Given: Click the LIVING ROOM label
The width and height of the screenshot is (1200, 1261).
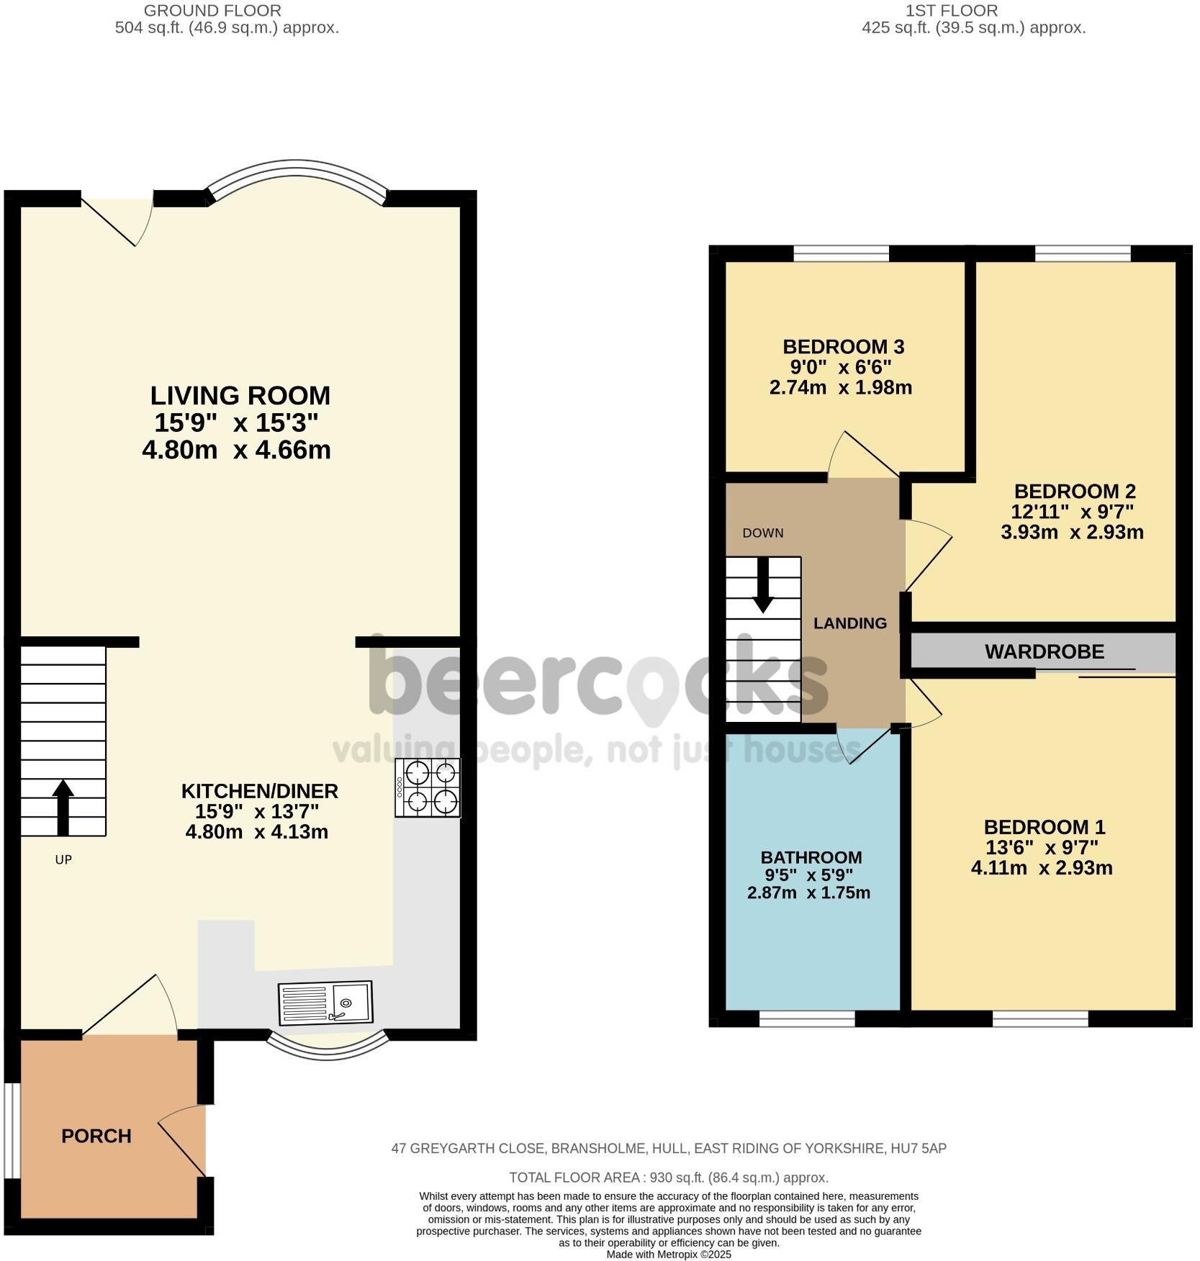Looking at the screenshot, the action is [x=240, y=395].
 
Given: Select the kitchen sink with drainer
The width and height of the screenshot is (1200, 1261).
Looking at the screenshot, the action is [x=325, y=1002].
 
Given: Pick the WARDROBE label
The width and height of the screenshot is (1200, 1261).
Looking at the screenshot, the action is [x=1045, y=652].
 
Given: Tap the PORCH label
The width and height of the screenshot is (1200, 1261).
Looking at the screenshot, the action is [x=96, y=1136].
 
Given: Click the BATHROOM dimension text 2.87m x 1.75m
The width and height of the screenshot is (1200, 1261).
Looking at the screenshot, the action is [x=808, y=893].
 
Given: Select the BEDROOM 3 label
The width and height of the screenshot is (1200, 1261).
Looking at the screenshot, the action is [x=844, y=347].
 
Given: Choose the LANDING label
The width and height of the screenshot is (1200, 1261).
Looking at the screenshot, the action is [x=850, y=623].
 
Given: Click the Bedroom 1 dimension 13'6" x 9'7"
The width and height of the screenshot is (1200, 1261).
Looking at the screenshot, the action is [x=1041, y=847].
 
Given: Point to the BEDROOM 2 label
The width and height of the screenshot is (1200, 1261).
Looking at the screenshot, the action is [x=1075, y=492].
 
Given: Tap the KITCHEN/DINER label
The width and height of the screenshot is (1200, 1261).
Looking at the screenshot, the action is [x=259, y=791].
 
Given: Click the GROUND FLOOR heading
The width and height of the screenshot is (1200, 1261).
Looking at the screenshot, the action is [x=212, y=11].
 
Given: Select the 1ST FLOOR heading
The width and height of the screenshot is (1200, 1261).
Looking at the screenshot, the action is [x=952, y=11].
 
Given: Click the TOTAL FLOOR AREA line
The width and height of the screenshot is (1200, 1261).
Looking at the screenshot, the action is [x=669, y=1178].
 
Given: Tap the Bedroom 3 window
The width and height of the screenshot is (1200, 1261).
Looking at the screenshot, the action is [x=841, y=253].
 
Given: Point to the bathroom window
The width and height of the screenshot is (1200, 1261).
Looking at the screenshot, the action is [x=807, y=1018].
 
